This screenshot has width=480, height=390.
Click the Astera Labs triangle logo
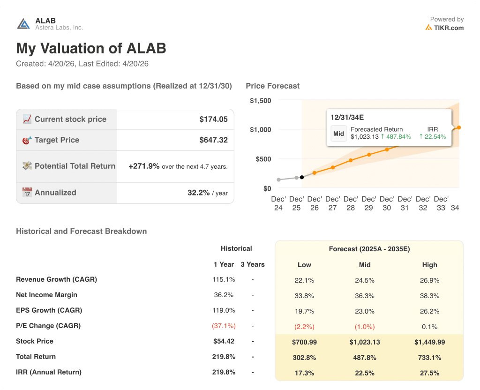[23, 24]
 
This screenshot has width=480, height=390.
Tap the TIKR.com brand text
[449, 28]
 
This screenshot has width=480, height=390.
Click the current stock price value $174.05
[213, 120]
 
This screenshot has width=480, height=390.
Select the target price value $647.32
[213, 140]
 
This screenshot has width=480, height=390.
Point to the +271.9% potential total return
[144, 166]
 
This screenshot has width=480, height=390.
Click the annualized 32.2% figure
[198, 193]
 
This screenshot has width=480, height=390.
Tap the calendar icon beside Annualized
[27, 193]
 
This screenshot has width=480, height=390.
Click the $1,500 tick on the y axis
[260, 101]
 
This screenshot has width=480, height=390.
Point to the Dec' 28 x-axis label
[351, 203]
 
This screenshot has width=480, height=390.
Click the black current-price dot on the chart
[301, 177]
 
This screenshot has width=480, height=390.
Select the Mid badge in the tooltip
[338, 134]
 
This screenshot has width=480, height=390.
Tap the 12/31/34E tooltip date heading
[347, 117]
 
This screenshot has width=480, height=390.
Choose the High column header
[429, 265]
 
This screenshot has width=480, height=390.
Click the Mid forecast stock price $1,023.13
[365, 342]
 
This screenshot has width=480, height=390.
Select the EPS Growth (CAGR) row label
[49, 310]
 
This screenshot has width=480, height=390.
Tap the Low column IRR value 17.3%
[304, 373]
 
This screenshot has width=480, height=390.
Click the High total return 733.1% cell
[429, 357]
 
